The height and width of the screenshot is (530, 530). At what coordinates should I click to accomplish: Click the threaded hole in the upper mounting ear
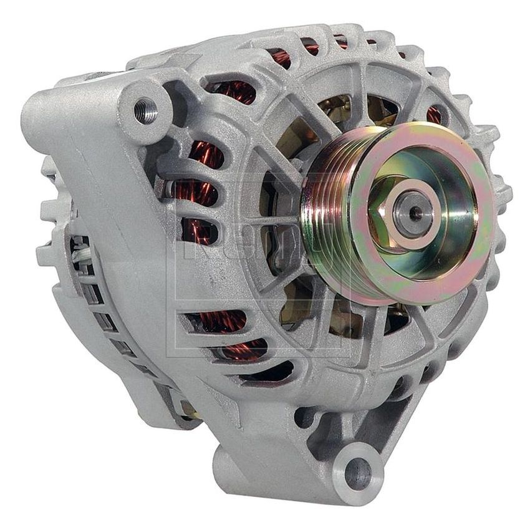(145, 112)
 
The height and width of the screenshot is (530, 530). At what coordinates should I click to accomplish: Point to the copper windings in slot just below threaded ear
(206, 153)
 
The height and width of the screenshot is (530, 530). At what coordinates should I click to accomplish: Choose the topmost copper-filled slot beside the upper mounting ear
(234, 90)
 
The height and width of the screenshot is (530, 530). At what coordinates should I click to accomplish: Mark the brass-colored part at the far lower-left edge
(187, 408)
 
